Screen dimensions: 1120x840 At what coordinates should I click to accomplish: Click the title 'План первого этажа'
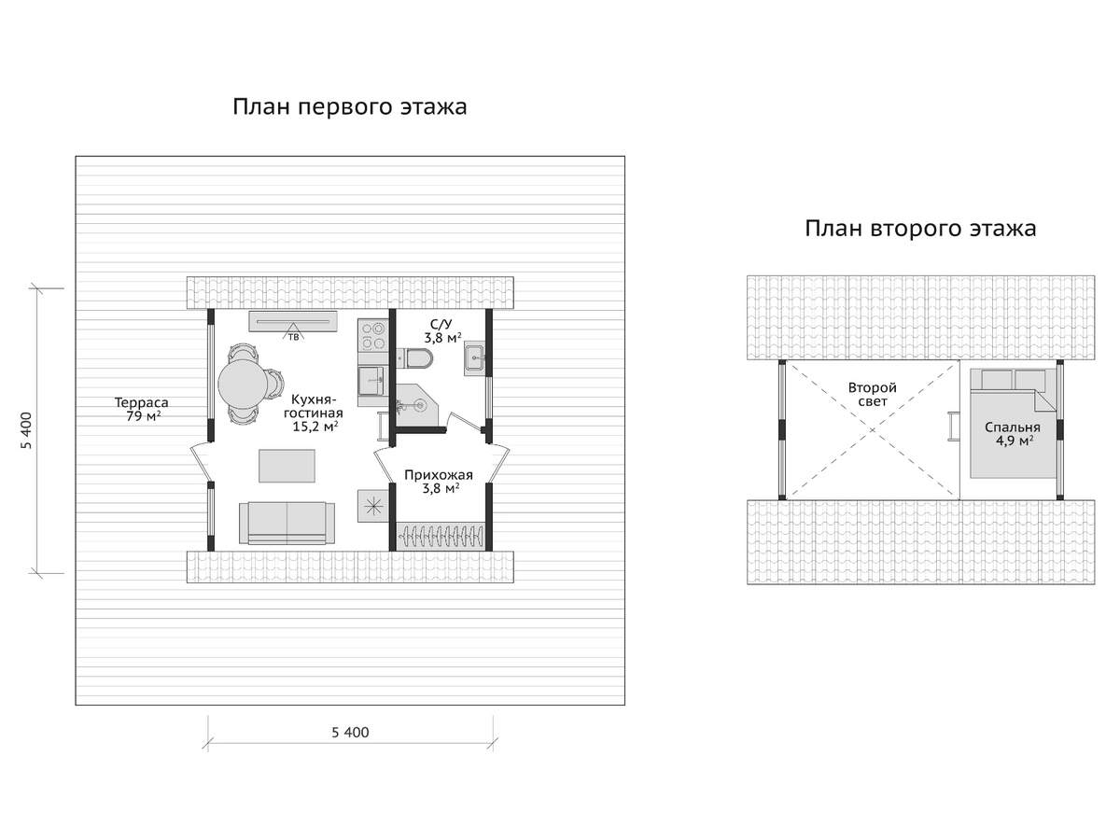click(x=349, y=107)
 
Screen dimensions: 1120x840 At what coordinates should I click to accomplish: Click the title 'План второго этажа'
click(x=920, y=229)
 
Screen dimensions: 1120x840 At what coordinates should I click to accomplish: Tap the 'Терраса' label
click(x=141, y=402)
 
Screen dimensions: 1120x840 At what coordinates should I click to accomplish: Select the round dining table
click(x=244, y=384)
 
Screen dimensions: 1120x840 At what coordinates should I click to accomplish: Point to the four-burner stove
click(x=373, y=335)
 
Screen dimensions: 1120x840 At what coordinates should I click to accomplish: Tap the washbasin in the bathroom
click(x=474, y=358)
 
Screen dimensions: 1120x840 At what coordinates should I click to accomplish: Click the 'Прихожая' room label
click(x=439, y=475)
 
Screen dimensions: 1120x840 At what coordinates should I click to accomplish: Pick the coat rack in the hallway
click(x=440, y=537)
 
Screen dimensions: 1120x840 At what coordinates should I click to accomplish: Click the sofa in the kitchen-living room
click(x=287, y=523)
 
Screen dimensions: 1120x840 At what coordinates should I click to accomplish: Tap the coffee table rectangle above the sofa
click(x=287, y=465)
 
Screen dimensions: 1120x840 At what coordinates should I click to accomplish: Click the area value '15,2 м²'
click(x=315, y=427)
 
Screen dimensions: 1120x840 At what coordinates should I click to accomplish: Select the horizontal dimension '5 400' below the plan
click(x=350, y=733)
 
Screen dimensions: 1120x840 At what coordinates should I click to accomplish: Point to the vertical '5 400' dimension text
click(x=26, y=431)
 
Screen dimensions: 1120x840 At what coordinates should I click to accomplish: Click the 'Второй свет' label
click(x=872, y=394)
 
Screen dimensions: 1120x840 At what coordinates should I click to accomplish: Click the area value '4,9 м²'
click(x=1015, y=441)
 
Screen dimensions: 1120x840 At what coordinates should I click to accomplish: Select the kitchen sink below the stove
click(x=371, y=381)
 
